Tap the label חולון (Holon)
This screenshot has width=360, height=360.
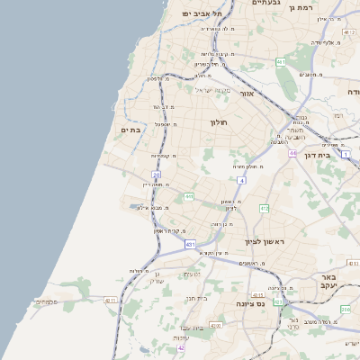tap(220, 121)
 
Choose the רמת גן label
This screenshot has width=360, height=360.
tap(322, 7)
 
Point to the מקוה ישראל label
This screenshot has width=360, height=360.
tap(212, 89)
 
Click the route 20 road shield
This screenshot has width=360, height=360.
tap(156, 175)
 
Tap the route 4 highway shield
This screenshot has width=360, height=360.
tap(241, 181)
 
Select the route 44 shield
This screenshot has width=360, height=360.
tap(292, 153)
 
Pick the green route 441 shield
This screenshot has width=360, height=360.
tap(189, 196)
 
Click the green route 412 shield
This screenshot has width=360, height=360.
tap(265, 209)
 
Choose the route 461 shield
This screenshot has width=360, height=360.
tap(281, 62)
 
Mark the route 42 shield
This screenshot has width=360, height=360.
tap(181, 347)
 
